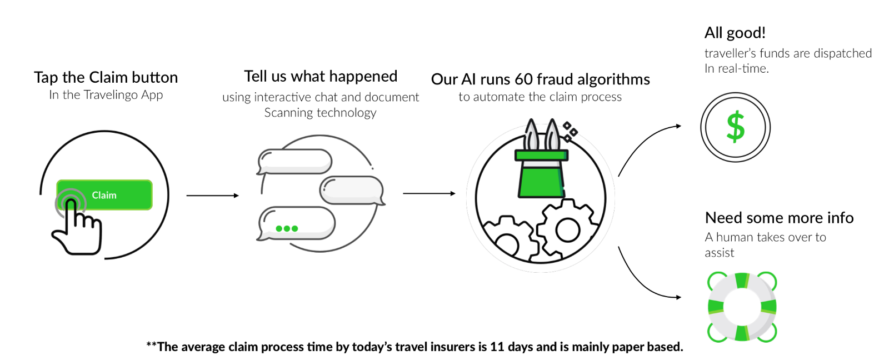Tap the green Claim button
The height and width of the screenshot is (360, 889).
coord(104,195)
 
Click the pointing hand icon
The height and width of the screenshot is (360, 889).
coord(77,227)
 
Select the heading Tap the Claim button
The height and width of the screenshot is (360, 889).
coord(106,77)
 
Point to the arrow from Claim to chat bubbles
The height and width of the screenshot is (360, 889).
coord(213,196)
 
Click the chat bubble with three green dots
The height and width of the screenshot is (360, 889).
coord(297,224)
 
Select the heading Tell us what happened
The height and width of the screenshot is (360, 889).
coord(321,76)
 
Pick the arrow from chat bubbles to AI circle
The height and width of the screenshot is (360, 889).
coord(429,193)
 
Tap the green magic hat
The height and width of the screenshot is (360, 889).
coord(542,173)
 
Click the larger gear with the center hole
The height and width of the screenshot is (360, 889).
coord(567,230)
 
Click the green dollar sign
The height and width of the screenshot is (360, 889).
coord(736,127)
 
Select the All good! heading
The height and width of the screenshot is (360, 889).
coord(735,33)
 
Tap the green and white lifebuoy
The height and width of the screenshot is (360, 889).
coord(742,307)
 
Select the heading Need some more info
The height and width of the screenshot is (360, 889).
coord(779,218)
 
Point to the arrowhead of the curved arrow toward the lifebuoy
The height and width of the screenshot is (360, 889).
coord(678,297)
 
